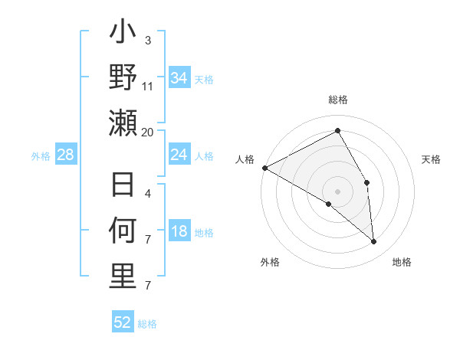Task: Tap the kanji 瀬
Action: tap(123, 123)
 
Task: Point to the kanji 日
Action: tap(123, 186)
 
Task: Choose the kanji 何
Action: tap(123, 231)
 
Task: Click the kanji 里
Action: tap(123, 277)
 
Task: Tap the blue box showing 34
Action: tap(179, 78)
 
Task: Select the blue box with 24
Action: tap(179, 155)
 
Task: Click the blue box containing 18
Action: tap(179, 232)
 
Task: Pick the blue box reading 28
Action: tap(66, 155)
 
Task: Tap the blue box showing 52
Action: tap(123, 322)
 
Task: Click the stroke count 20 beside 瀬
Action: tap(148, 132)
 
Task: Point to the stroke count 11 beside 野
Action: tap(148, 86)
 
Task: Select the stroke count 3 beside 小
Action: tap(148, 40)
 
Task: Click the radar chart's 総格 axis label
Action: tap(338, 100)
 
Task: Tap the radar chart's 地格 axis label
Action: tap(402, 262)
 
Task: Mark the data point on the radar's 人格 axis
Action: tap(264, 167)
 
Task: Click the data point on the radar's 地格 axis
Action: tap(374, 241)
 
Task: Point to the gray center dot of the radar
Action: tap(338, 191)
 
